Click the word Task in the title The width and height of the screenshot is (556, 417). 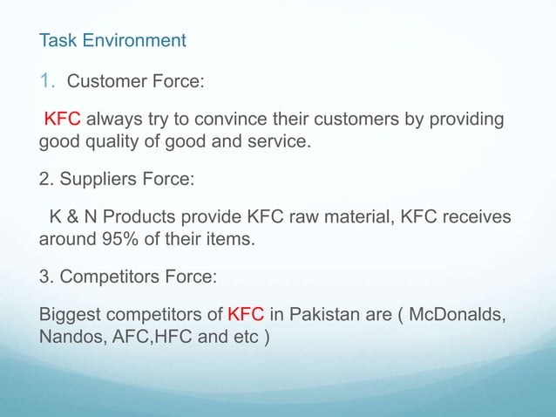[58, 40]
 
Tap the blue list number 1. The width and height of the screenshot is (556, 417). [49, 83]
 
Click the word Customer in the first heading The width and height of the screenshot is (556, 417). [105, 83]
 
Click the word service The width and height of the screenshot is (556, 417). [278, 140]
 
